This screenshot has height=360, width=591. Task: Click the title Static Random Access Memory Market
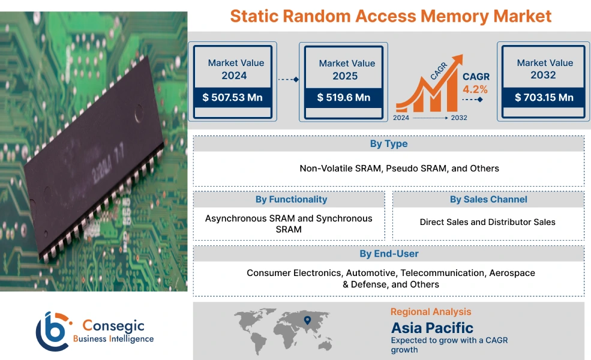(x=391, y=16)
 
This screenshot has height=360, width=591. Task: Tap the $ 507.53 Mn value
(x=232, y=97)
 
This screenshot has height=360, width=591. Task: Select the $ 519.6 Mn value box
(x=344, y=97)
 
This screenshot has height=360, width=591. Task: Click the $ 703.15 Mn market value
(x=544, y=97)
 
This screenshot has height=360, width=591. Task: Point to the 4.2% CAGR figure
(x=475, y=89)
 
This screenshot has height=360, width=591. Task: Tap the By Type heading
(x=388, y=144)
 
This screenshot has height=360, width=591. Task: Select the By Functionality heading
(x=291, y=199)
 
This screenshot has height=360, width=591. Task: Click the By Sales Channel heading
(x=488, y=199)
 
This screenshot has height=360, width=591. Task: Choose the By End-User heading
(x=389, y=254)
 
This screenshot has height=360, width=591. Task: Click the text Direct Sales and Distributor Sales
(x=487, y=222)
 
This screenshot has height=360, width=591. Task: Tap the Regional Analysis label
(x=431, y=311)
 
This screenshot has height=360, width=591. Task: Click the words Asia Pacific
(x=432, y=328)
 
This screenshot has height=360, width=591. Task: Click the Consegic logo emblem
(x=53, y=331)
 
